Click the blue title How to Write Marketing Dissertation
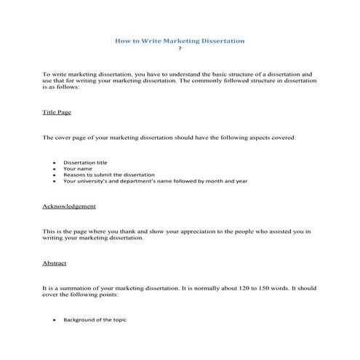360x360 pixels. (180, 41)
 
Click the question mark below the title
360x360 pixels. (180, 50)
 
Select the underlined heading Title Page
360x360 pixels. (57, 113)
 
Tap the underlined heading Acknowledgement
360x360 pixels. (69, 206)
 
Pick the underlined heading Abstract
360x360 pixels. (55, 263)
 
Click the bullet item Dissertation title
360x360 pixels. (86, 162)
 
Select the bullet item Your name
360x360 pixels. (76, 169)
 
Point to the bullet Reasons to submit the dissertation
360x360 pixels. (109, 175)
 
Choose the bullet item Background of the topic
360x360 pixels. (95, 320)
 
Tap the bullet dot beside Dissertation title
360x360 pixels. (55, 163)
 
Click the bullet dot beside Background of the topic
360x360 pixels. (55, 321)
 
